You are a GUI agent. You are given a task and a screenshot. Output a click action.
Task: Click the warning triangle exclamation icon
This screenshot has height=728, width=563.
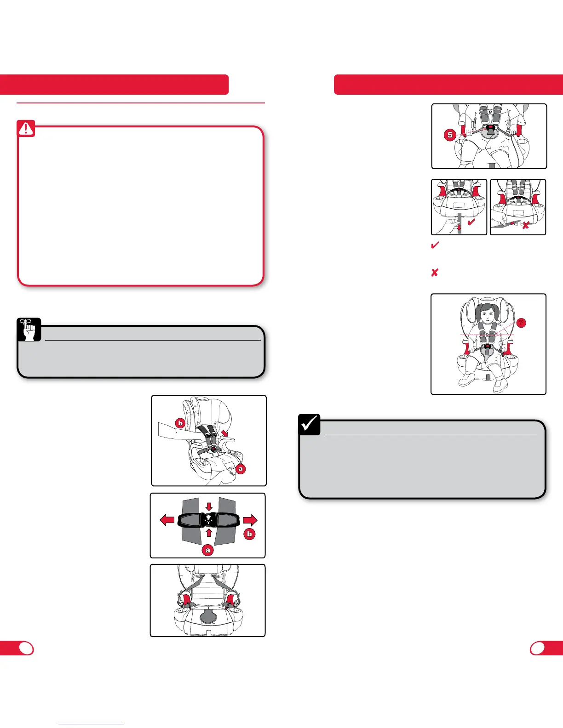tap(26, 129)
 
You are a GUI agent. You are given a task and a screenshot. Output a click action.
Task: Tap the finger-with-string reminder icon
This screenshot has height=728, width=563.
tap(29, 330)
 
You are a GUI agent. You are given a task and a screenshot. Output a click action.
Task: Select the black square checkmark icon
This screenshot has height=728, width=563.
tap(310, 425)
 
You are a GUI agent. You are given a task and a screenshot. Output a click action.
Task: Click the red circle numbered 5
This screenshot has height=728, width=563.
tap(450, 135)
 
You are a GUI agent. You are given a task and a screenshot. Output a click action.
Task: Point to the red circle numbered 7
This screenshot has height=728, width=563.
tap(521, 323)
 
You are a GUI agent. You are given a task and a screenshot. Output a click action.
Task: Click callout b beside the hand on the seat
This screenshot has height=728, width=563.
tap(180, 423)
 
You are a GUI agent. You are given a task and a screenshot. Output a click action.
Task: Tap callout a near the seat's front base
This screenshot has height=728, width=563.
tap(240, 469)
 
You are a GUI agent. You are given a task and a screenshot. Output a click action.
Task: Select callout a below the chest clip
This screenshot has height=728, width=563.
tap(207, 550)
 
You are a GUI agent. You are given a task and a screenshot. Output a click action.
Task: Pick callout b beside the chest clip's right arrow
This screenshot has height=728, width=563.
tap(249, 534)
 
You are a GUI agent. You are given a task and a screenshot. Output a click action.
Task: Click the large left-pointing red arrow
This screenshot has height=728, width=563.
tap(167, 520)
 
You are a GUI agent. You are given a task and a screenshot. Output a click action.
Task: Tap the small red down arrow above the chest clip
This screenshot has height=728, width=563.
tap(209, 506)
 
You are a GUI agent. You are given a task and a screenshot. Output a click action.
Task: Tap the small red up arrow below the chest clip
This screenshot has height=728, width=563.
tap(209, 533)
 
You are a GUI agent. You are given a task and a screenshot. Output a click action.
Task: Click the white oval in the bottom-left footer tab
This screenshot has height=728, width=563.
tap(26, 648)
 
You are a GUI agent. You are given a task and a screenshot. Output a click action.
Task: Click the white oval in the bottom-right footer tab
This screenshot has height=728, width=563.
tap(537, 648)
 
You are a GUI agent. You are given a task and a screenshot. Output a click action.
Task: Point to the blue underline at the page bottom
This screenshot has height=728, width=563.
tap(92, 724)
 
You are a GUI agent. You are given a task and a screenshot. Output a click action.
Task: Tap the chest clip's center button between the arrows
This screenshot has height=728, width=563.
tap(209, 519)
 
